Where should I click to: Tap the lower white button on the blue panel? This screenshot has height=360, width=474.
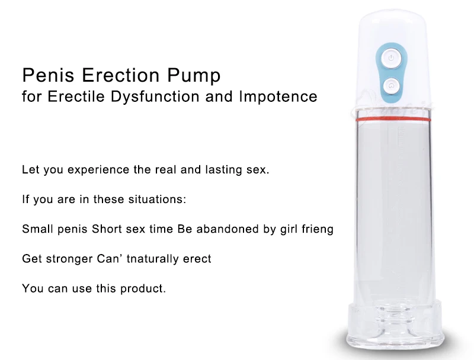pos(390,86)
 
